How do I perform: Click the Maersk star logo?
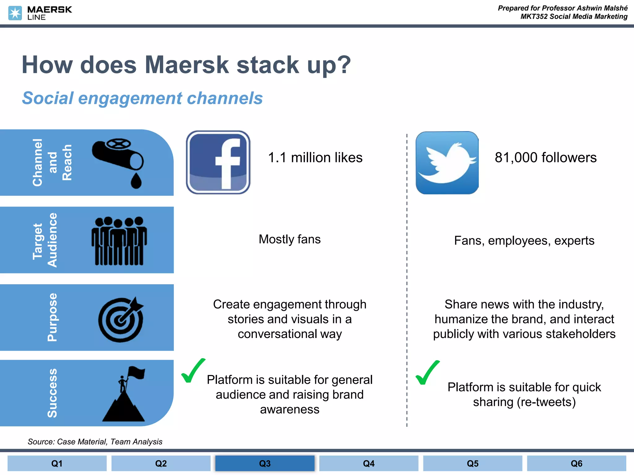click(15, 13)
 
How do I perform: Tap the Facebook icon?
click(218, 162)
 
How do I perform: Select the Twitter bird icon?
click(447, 163)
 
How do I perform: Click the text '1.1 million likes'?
click(315, 158)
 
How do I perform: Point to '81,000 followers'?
click(545, 158)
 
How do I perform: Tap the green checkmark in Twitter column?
click(427, 373)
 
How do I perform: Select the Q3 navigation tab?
click(265, 463)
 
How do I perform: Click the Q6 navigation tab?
click(576, 463)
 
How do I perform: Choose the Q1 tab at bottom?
click(57, 463)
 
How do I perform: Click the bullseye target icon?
click(121, 320)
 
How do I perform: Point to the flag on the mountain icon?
click(137, 372)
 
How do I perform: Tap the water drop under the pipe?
click(136, 181)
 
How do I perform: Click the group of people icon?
click(119, 241)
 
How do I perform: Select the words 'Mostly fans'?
click(289, 239)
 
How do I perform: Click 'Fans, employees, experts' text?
click(524, 241)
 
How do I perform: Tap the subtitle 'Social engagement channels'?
click(142, 98)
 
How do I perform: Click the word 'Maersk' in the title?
click(187, 65)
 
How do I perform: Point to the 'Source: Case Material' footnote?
click(95, 442)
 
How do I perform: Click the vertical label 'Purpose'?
click(52, 317)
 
